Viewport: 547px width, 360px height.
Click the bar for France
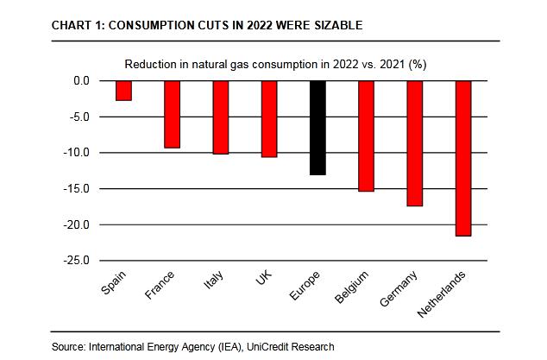pos(172,114)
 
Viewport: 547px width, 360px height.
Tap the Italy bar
pos(220,117)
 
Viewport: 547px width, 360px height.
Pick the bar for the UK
pos(269,118)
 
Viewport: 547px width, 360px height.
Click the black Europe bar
pos(318,128)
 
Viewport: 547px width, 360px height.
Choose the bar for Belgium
pos(366,136)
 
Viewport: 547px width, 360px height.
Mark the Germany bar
pos(415,143)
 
